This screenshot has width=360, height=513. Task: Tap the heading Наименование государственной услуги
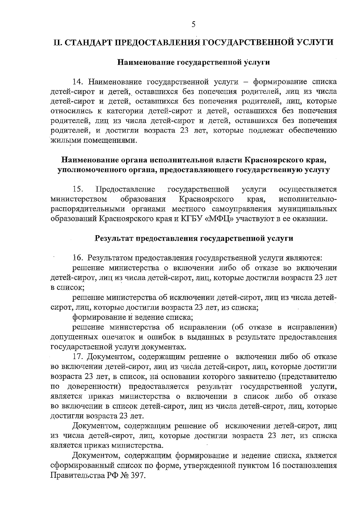[x=193, y=62]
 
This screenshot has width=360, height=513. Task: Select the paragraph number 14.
[x=79, y=82]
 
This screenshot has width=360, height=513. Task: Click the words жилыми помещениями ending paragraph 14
[x=92, y=140]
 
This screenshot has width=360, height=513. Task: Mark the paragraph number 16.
[x=79, y=258]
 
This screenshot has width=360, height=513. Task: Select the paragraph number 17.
[x=79, y=357]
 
